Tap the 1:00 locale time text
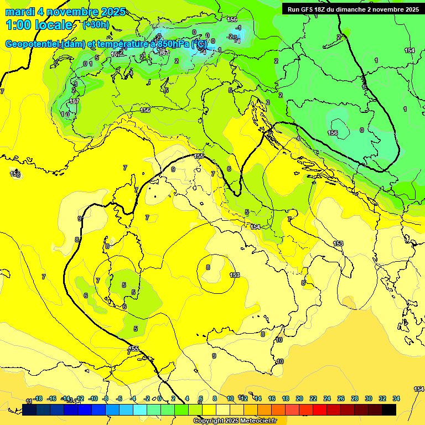tap(39, 25)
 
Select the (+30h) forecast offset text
tap(95, 24)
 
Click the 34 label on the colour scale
tap(396, 398)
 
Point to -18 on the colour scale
tap(38, 398)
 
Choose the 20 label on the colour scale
tap(299, 398)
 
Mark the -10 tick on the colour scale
tap(92, 398)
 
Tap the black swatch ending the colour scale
tap(389, 410)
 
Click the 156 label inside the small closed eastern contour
tap(333, 133)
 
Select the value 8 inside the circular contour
tap(208, 267)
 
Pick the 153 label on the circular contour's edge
tap(235, 275)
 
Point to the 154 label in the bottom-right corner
tap(419, 390)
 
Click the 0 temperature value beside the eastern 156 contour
tap(362, 130)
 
